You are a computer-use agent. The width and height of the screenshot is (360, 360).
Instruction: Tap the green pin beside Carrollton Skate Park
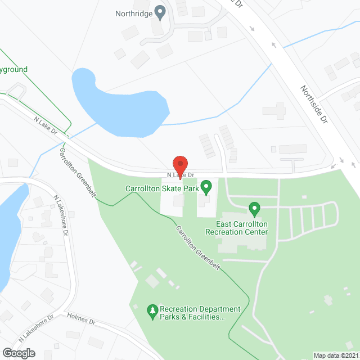click(x=206, y=186)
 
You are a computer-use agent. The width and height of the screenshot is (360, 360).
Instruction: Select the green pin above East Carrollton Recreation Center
click(x=254, y=209)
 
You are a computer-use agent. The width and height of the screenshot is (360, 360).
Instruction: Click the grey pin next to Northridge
click(x=160, y=11)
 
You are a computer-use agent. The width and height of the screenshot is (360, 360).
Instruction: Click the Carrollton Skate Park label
click(x=163, y=189)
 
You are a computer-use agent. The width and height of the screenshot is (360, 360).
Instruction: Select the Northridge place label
click(x=134, y=13)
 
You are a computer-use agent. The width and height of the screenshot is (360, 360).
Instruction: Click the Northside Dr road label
click(x=313, y=105)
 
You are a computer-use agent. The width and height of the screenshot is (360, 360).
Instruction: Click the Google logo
click(x=18, y=353)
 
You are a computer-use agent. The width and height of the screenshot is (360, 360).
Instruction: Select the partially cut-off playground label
click(x=13, y=70)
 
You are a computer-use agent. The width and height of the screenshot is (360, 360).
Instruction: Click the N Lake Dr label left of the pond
click(x=46, y=124)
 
